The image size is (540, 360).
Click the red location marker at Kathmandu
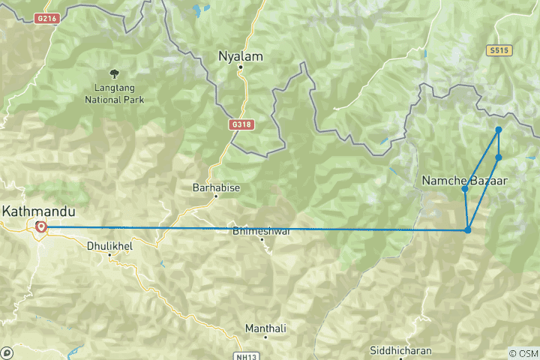(x=41, y=227)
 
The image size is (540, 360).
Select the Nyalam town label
(x=240, y=55)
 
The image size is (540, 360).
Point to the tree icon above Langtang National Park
(x=114, y=73)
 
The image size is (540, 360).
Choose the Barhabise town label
(x=216, y=187)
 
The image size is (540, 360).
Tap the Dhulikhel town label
(x=110, y=244)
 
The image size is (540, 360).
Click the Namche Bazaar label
(x=465, y=180)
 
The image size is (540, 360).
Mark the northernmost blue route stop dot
(x=498, y=130)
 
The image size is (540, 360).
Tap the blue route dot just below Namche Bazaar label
(x=465, y=189)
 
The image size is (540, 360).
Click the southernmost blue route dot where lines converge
(x=468, y=230)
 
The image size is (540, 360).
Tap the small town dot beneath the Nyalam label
(x=240, y=67)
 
